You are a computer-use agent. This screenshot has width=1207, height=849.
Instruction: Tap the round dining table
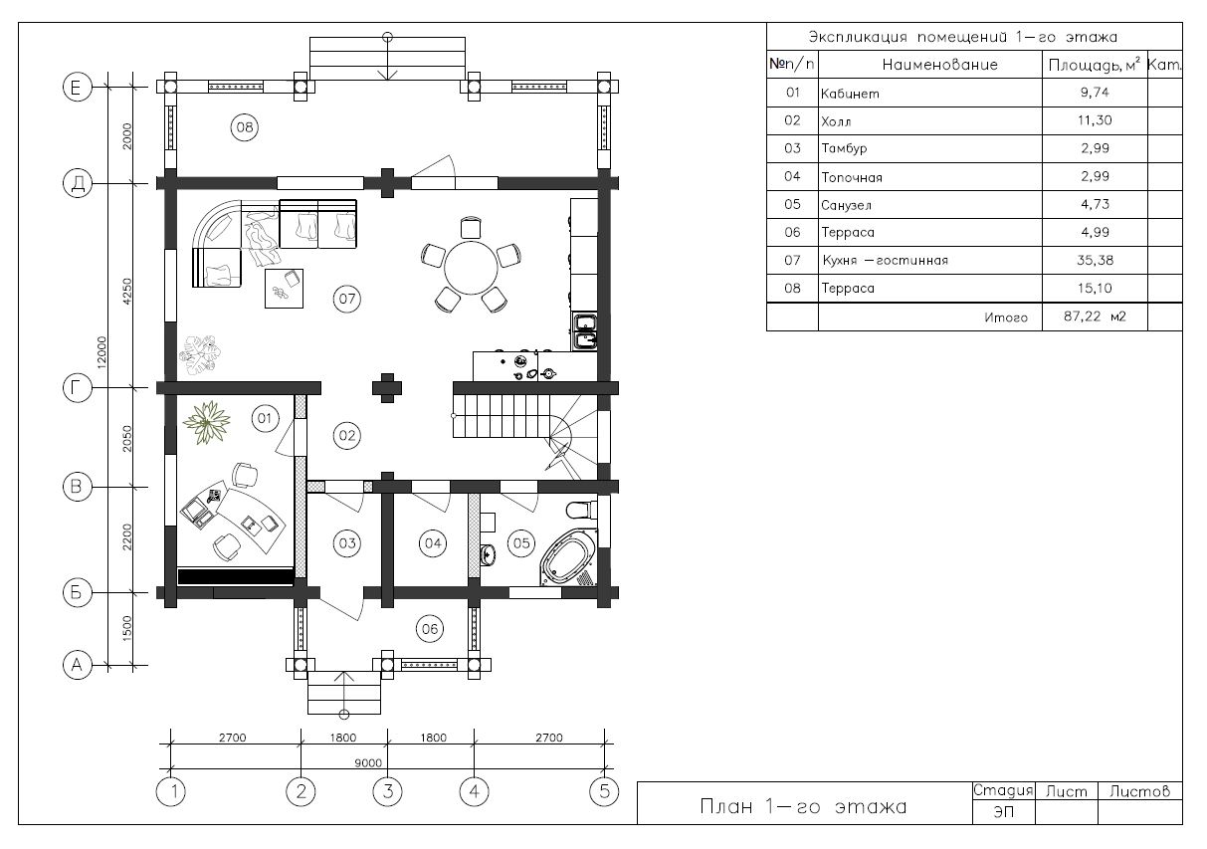point(471,268)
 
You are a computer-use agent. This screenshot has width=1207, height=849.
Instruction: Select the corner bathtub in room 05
point(569,557)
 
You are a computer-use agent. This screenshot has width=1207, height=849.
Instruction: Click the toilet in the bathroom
point(582,510)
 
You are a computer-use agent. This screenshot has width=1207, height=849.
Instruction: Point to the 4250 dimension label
point(127,292)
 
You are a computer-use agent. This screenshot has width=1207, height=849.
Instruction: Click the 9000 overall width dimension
point(368,762)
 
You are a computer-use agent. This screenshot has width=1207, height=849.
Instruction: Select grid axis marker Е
point(78,87)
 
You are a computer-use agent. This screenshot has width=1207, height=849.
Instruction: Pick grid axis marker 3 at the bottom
point(387,791)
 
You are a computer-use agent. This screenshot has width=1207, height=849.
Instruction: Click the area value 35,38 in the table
point(1095,261)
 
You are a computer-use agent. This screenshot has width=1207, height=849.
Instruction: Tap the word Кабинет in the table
point(850,94)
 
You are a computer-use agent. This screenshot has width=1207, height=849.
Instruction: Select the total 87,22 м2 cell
point(1095,317)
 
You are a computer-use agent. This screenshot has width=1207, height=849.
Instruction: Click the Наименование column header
point(939,65)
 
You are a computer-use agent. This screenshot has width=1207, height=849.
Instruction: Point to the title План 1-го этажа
point(803,807)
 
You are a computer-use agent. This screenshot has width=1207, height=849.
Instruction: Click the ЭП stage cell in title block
point(1003,812)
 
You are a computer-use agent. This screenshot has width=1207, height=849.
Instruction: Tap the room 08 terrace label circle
point(244,127)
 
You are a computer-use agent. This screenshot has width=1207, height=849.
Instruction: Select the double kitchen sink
point(585,332)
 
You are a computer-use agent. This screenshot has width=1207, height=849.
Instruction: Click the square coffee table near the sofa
point(284,289)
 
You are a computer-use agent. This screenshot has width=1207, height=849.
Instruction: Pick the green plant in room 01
point(206,422)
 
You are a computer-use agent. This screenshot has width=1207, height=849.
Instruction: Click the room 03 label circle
point(347,542)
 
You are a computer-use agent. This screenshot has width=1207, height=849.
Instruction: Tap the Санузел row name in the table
point(846,205)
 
